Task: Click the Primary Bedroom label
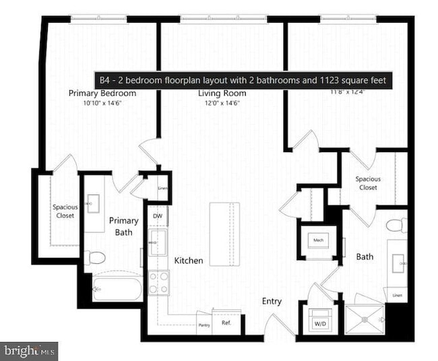[x=102, y=94]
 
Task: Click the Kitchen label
[x=189, y=260]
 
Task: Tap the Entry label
[x=272, y=301]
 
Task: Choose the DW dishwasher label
[x=157, y=216]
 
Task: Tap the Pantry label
[x=204, y=325]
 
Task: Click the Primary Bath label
[x=124, y=226]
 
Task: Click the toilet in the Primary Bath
[x=95, y=257]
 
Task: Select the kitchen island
[x=224, y=234]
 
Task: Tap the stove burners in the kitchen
[x=158, y=282]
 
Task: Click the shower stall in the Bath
[x=365, y=319]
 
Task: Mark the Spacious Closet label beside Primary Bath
[x=65, y=211]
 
